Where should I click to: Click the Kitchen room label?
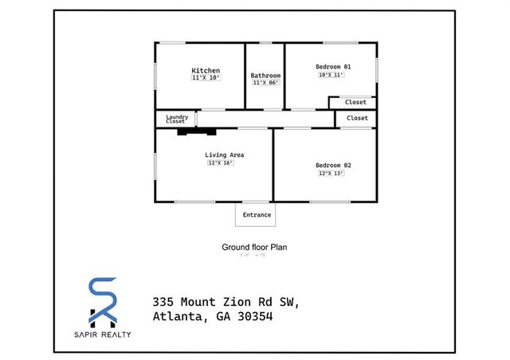tap(206, 70)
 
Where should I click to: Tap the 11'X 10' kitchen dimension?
tap(206, 78)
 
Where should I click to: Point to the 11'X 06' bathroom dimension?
tap(265, 83)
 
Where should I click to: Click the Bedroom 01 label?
tap(333, 66)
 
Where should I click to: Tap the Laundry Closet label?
tap(176, 119)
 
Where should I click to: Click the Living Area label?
tap(224, 155)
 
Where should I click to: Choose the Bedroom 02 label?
tap(333, 165)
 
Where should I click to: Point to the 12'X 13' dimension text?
tap(331, 173)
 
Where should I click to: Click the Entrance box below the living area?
tap(257, 214)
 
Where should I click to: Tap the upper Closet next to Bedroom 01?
tap(355, 102)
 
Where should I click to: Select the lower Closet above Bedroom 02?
tap(357, 118)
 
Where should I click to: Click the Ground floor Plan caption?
tap(254, 247)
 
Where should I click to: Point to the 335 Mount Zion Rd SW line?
tap(225, 301)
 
